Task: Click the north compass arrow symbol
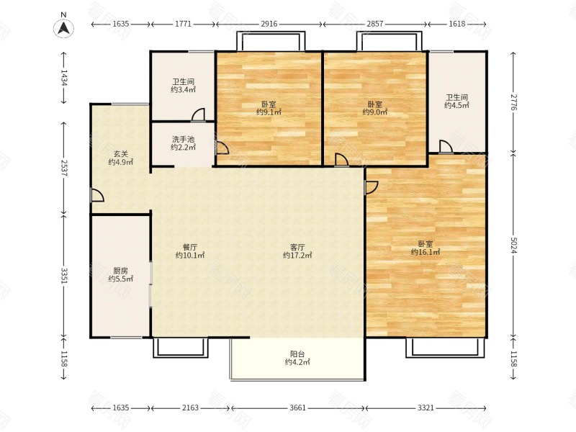[64, 28]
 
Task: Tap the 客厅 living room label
[297, 247]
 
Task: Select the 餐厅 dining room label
[190, 247]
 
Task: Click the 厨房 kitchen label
[120, 271]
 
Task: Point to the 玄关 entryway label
[120, 153]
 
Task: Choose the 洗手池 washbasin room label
[183, 139]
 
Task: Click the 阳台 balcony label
[297, 354]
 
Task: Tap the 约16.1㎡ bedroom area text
[426, 252]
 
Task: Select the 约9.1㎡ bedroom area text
[269, 112]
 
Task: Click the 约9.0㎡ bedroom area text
[374, 112]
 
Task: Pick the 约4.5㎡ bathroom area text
[456, 105]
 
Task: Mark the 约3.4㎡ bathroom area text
[183, 89]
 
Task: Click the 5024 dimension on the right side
[513, 246]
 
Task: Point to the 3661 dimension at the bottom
[297, 408]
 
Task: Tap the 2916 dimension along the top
[269, 24]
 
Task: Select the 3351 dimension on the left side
[64, 276]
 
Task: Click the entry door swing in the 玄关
[98, 195]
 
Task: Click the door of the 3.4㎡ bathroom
[198, 114]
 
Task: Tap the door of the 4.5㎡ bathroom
[446, 146]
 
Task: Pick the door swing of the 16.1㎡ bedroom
[372, 187]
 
